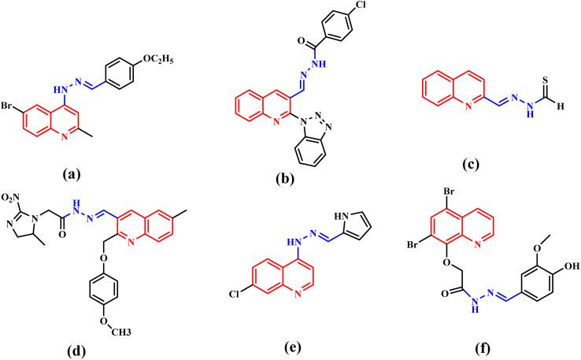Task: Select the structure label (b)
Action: [x=282, y=179]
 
